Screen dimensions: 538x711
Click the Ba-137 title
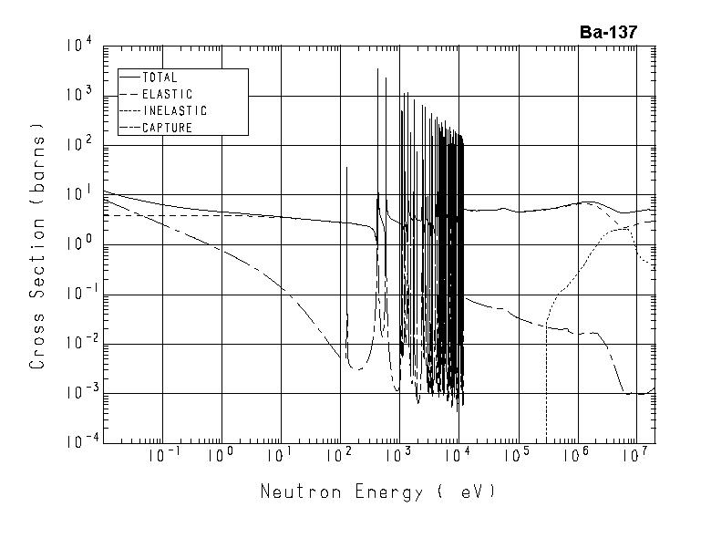click(608, 32)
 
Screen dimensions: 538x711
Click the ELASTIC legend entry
click(168, 94)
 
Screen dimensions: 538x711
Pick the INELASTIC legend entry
click(175, 110)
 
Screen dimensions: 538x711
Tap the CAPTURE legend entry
click(168, 128)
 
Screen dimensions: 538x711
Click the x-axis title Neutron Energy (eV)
click(378, 492)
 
